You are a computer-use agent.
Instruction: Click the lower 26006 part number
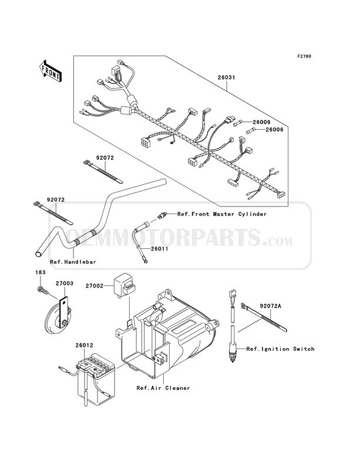click(275, 130)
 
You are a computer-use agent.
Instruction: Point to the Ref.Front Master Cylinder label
click(222, 215)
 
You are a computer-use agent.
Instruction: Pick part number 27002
click(94, 286)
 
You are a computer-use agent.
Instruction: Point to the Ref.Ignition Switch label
click(280, 349)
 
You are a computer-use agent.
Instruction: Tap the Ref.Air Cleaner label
click(163, 388)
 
